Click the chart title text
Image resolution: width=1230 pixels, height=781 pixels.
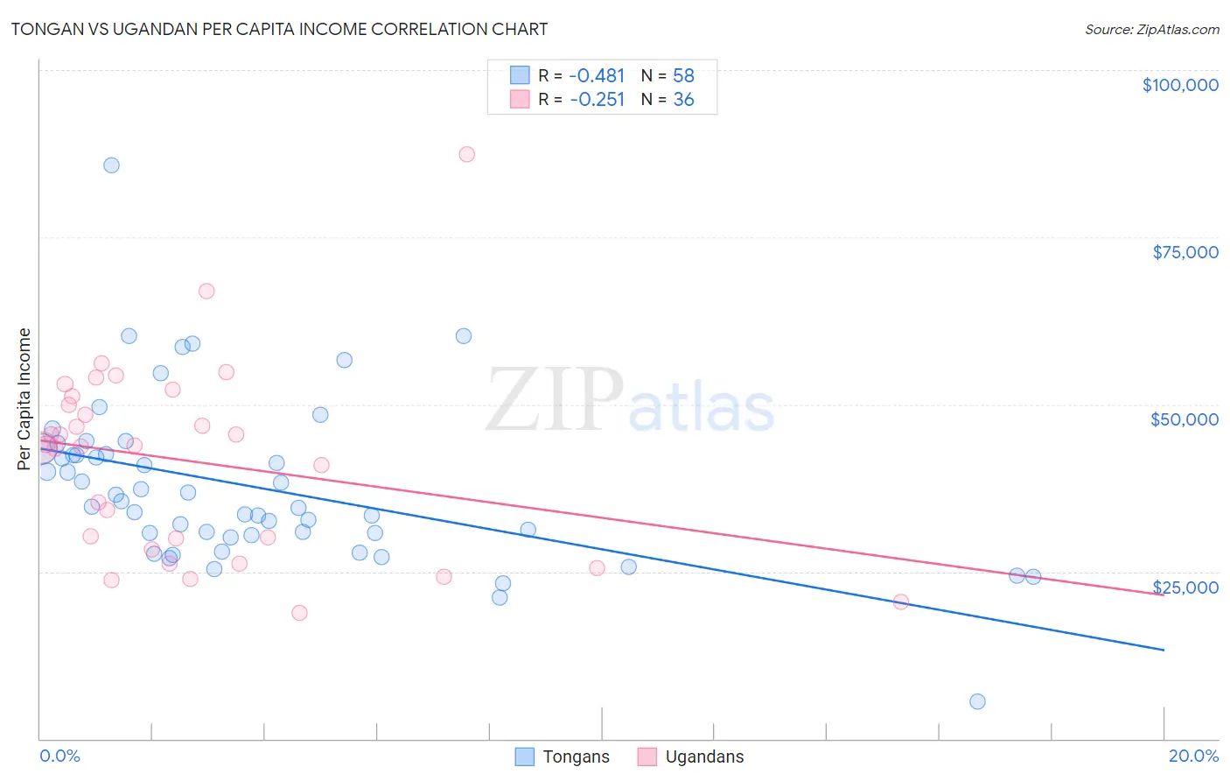tap(279, 29)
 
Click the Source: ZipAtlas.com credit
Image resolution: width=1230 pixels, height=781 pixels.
tap(1151, 30)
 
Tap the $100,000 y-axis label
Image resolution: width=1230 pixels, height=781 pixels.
tap(1179, 85)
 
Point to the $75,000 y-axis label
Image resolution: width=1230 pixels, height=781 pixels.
tap(1185, 252)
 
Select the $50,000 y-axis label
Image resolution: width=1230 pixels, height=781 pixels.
tap(1184, 419)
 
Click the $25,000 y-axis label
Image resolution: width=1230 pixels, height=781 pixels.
tap(1185, 587)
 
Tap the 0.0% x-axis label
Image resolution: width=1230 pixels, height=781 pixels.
tap(59, 756)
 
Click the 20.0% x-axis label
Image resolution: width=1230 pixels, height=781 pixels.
tap(1192, 756)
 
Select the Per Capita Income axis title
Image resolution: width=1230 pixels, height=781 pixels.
tap(24, 398)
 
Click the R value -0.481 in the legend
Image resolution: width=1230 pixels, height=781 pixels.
tap(598, 76)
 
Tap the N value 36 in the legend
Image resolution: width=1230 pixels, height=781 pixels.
tap(683, 100)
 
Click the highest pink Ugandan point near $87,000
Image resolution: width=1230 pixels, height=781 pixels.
tap(466, 154)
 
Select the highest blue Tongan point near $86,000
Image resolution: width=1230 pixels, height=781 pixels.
tap(111, 165)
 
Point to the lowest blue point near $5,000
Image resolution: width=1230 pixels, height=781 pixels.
tap(977, 701)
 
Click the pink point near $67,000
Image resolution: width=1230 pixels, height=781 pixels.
tap(206, 291)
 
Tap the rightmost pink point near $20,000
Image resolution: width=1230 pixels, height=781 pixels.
tap(900, 602)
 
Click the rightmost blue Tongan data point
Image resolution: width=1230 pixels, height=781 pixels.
tap(1033, 576)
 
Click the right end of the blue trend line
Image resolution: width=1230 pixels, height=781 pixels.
tap(1163, 650)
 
